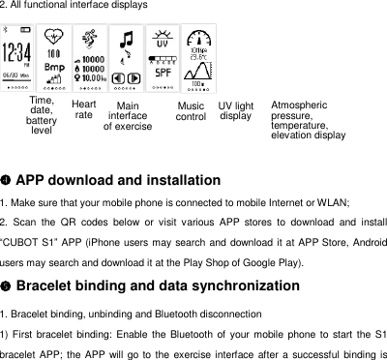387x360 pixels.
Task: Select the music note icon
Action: [125, 41]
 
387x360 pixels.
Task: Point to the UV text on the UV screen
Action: [164, 45]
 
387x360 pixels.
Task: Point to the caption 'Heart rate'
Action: [84, 109]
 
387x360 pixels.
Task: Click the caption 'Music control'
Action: [191, 111]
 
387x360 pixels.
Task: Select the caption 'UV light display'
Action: [236, 110]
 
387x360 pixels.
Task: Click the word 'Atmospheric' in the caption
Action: [299, 105]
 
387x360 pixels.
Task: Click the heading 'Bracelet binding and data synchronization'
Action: [158, 286]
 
